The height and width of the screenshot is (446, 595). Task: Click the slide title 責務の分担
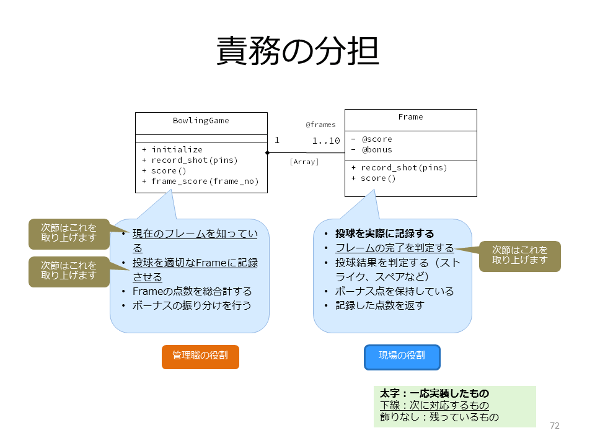tap(298, 51)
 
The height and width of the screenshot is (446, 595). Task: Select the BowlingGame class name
tap(201, 121)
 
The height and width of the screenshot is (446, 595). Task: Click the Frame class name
tap(410, 117)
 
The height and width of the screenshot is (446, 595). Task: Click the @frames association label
tap(320, 125)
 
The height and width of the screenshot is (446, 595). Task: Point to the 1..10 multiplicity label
tap(326, 141)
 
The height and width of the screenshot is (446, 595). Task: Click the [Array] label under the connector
tap(304, 162)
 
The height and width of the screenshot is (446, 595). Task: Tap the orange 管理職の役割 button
tap(200, 357)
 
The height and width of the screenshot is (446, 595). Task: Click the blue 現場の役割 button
tap(402, 357)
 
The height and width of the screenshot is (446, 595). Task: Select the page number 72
tap(554, 426)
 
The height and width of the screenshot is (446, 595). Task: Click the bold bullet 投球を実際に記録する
tap(384, 234)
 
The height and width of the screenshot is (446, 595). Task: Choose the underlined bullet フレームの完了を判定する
tap(395, 248)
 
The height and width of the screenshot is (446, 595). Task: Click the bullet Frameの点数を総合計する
tap(192, 291)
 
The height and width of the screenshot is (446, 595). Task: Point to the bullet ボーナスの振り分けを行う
tap(192, 305)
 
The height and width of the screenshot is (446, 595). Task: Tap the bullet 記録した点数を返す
tap(379, 305)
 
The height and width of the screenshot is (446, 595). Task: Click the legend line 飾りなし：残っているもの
tap(439, 417)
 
